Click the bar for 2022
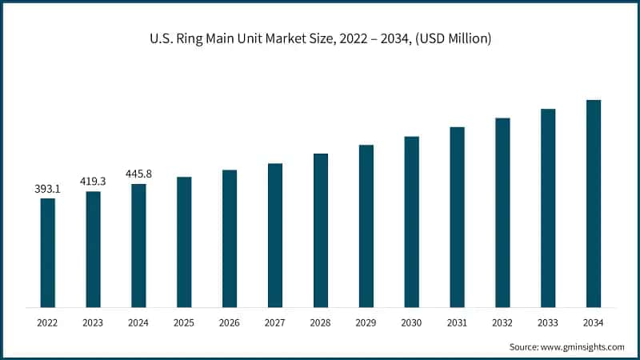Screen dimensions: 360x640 (48, 252)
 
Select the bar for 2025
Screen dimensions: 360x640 (184, 242)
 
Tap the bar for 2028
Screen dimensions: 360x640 (321, 230)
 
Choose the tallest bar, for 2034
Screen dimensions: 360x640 (594, 203)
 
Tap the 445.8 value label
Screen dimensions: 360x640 (138, 174)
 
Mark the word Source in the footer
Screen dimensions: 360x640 (523, 346)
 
